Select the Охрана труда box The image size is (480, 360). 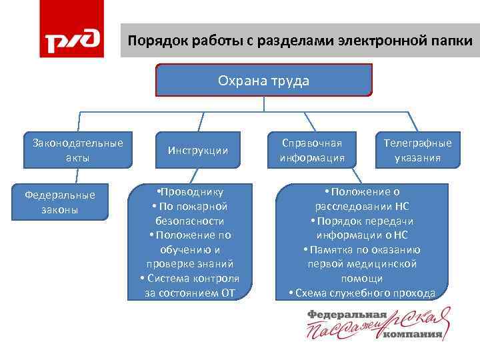coord(263,81)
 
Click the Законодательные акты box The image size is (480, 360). coord(78,150)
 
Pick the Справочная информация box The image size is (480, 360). coord(312,151)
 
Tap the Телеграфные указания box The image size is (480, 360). coord(417,151)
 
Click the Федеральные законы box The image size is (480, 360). coord(60,201)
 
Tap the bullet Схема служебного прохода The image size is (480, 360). coord(362,293)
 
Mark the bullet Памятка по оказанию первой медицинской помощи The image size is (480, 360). coord(362,264)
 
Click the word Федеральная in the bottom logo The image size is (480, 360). coord(347,314)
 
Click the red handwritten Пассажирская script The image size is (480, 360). coord(373,327)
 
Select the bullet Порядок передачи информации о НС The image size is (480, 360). coord(362,228)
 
